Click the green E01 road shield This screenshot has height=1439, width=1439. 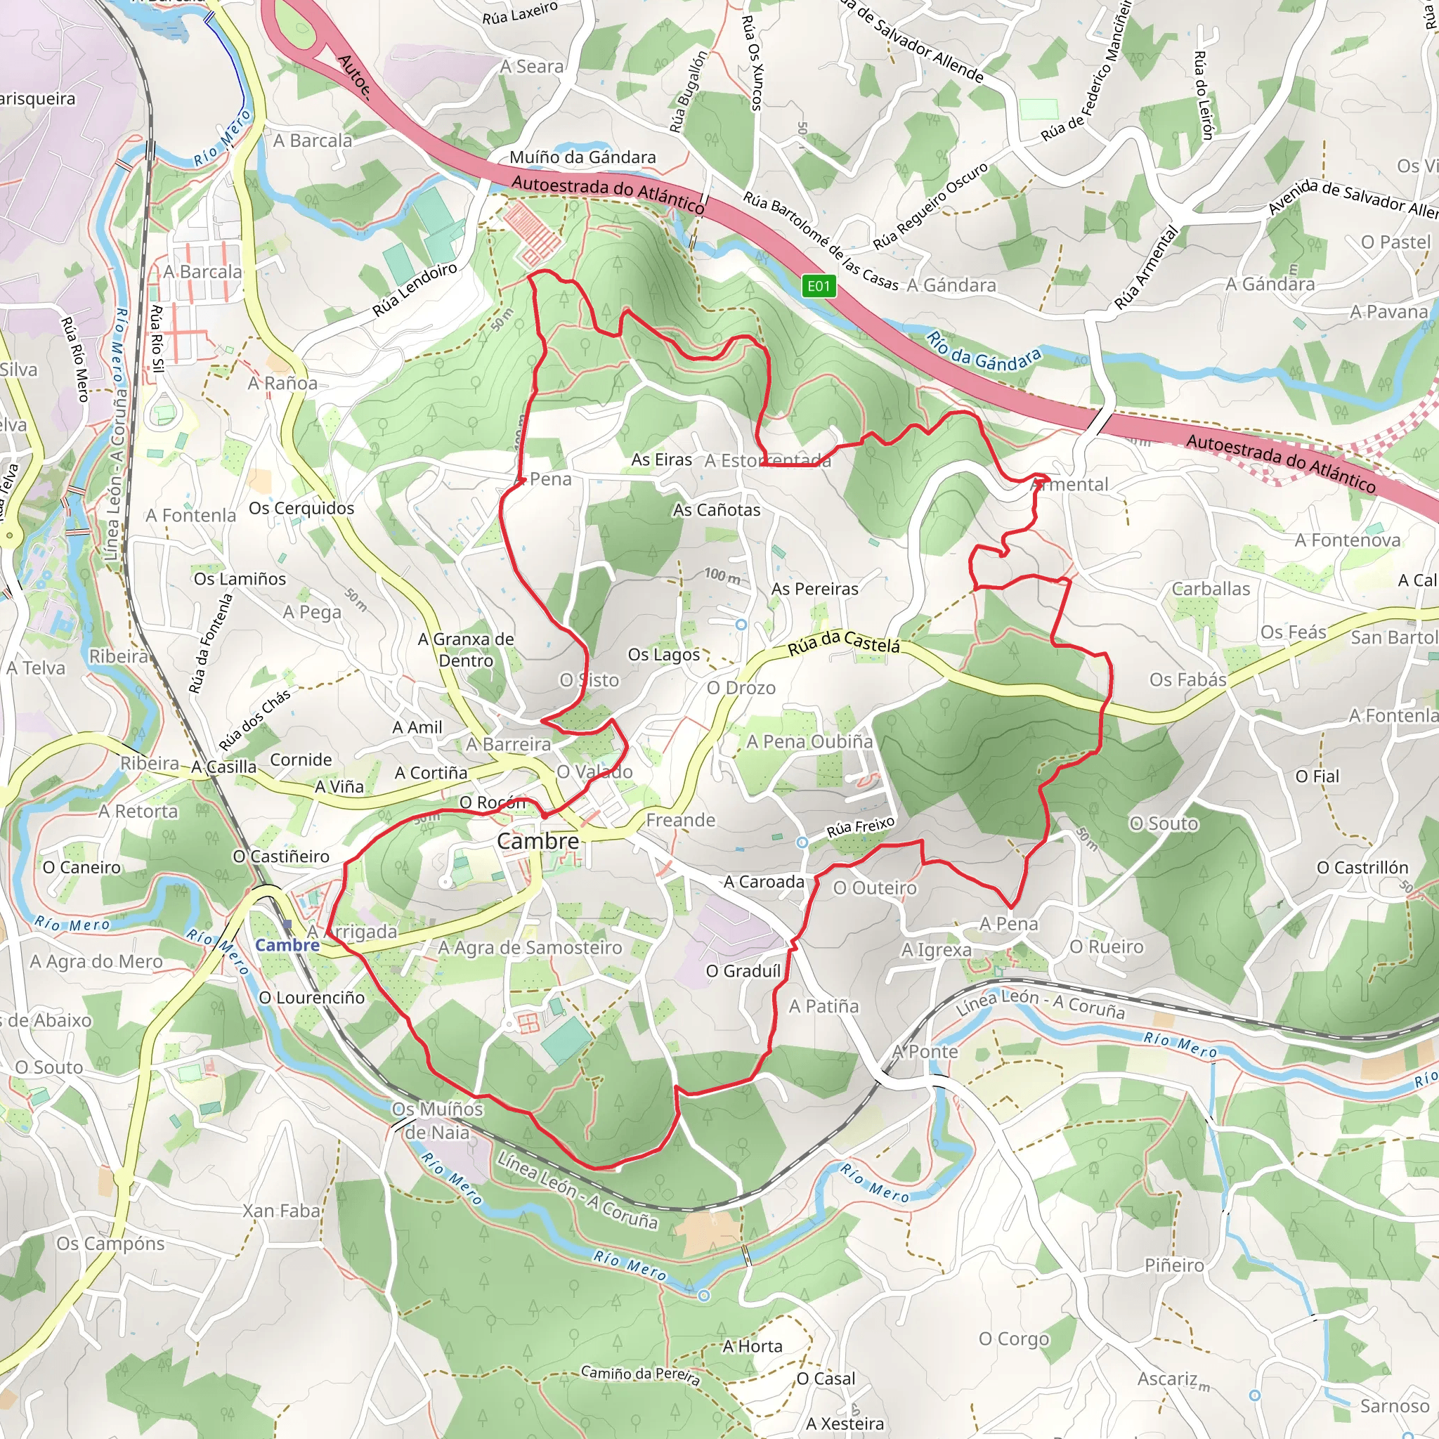point(818,286)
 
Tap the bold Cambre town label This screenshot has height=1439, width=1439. point(538,841)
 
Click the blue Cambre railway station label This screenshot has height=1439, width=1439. point(287,945)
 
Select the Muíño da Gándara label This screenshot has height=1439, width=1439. point(582,157)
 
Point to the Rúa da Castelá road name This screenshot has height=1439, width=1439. point(844,643)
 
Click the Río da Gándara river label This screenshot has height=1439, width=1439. point(983,351)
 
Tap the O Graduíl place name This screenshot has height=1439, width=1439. point(743,970)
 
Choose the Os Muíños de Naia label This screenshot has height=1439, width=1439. point(438,1120)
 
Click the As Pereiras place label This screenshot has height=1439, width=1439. point(815,588)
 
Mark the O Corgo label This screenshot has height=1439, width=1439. point(1014,1339)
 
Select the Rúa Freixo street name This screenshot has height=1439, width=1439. point(860,827)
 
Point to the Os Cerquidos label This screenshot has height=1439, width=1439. point(301,508)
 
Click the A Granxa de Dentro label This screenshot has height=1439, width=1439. point(467,649)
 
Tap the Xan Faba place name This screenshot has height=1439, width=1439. point(282,1211)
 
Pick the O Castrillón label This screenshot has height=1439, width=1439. point(1362,867)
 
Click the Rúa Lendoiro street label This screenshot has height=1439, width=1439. point(414,289)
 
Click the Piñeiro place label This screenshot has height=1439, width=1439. point(1174,1265)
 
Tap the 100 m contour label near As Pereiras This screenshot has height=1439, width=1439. point(722,575)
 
